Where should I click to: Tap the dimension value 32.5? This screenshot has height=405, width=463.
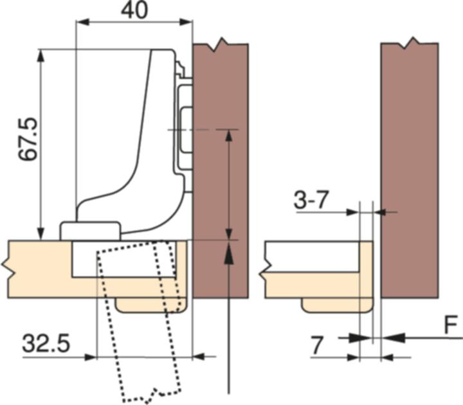(x=46, y=344)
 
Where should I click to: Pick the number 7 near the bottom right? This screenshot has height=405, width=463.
(x=316, y=345)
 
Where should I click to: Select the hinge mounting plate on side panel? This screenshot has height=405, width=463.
(x=184, y=129)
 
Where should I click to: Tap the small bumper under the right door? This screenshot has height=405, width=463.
(x=336, y=304)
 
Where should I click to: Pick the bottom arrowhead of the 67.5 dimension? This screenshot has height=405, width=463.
(x=42, y=234)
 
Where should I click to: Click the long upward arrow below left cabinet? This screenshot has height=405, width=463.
(x=228, y=321)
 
